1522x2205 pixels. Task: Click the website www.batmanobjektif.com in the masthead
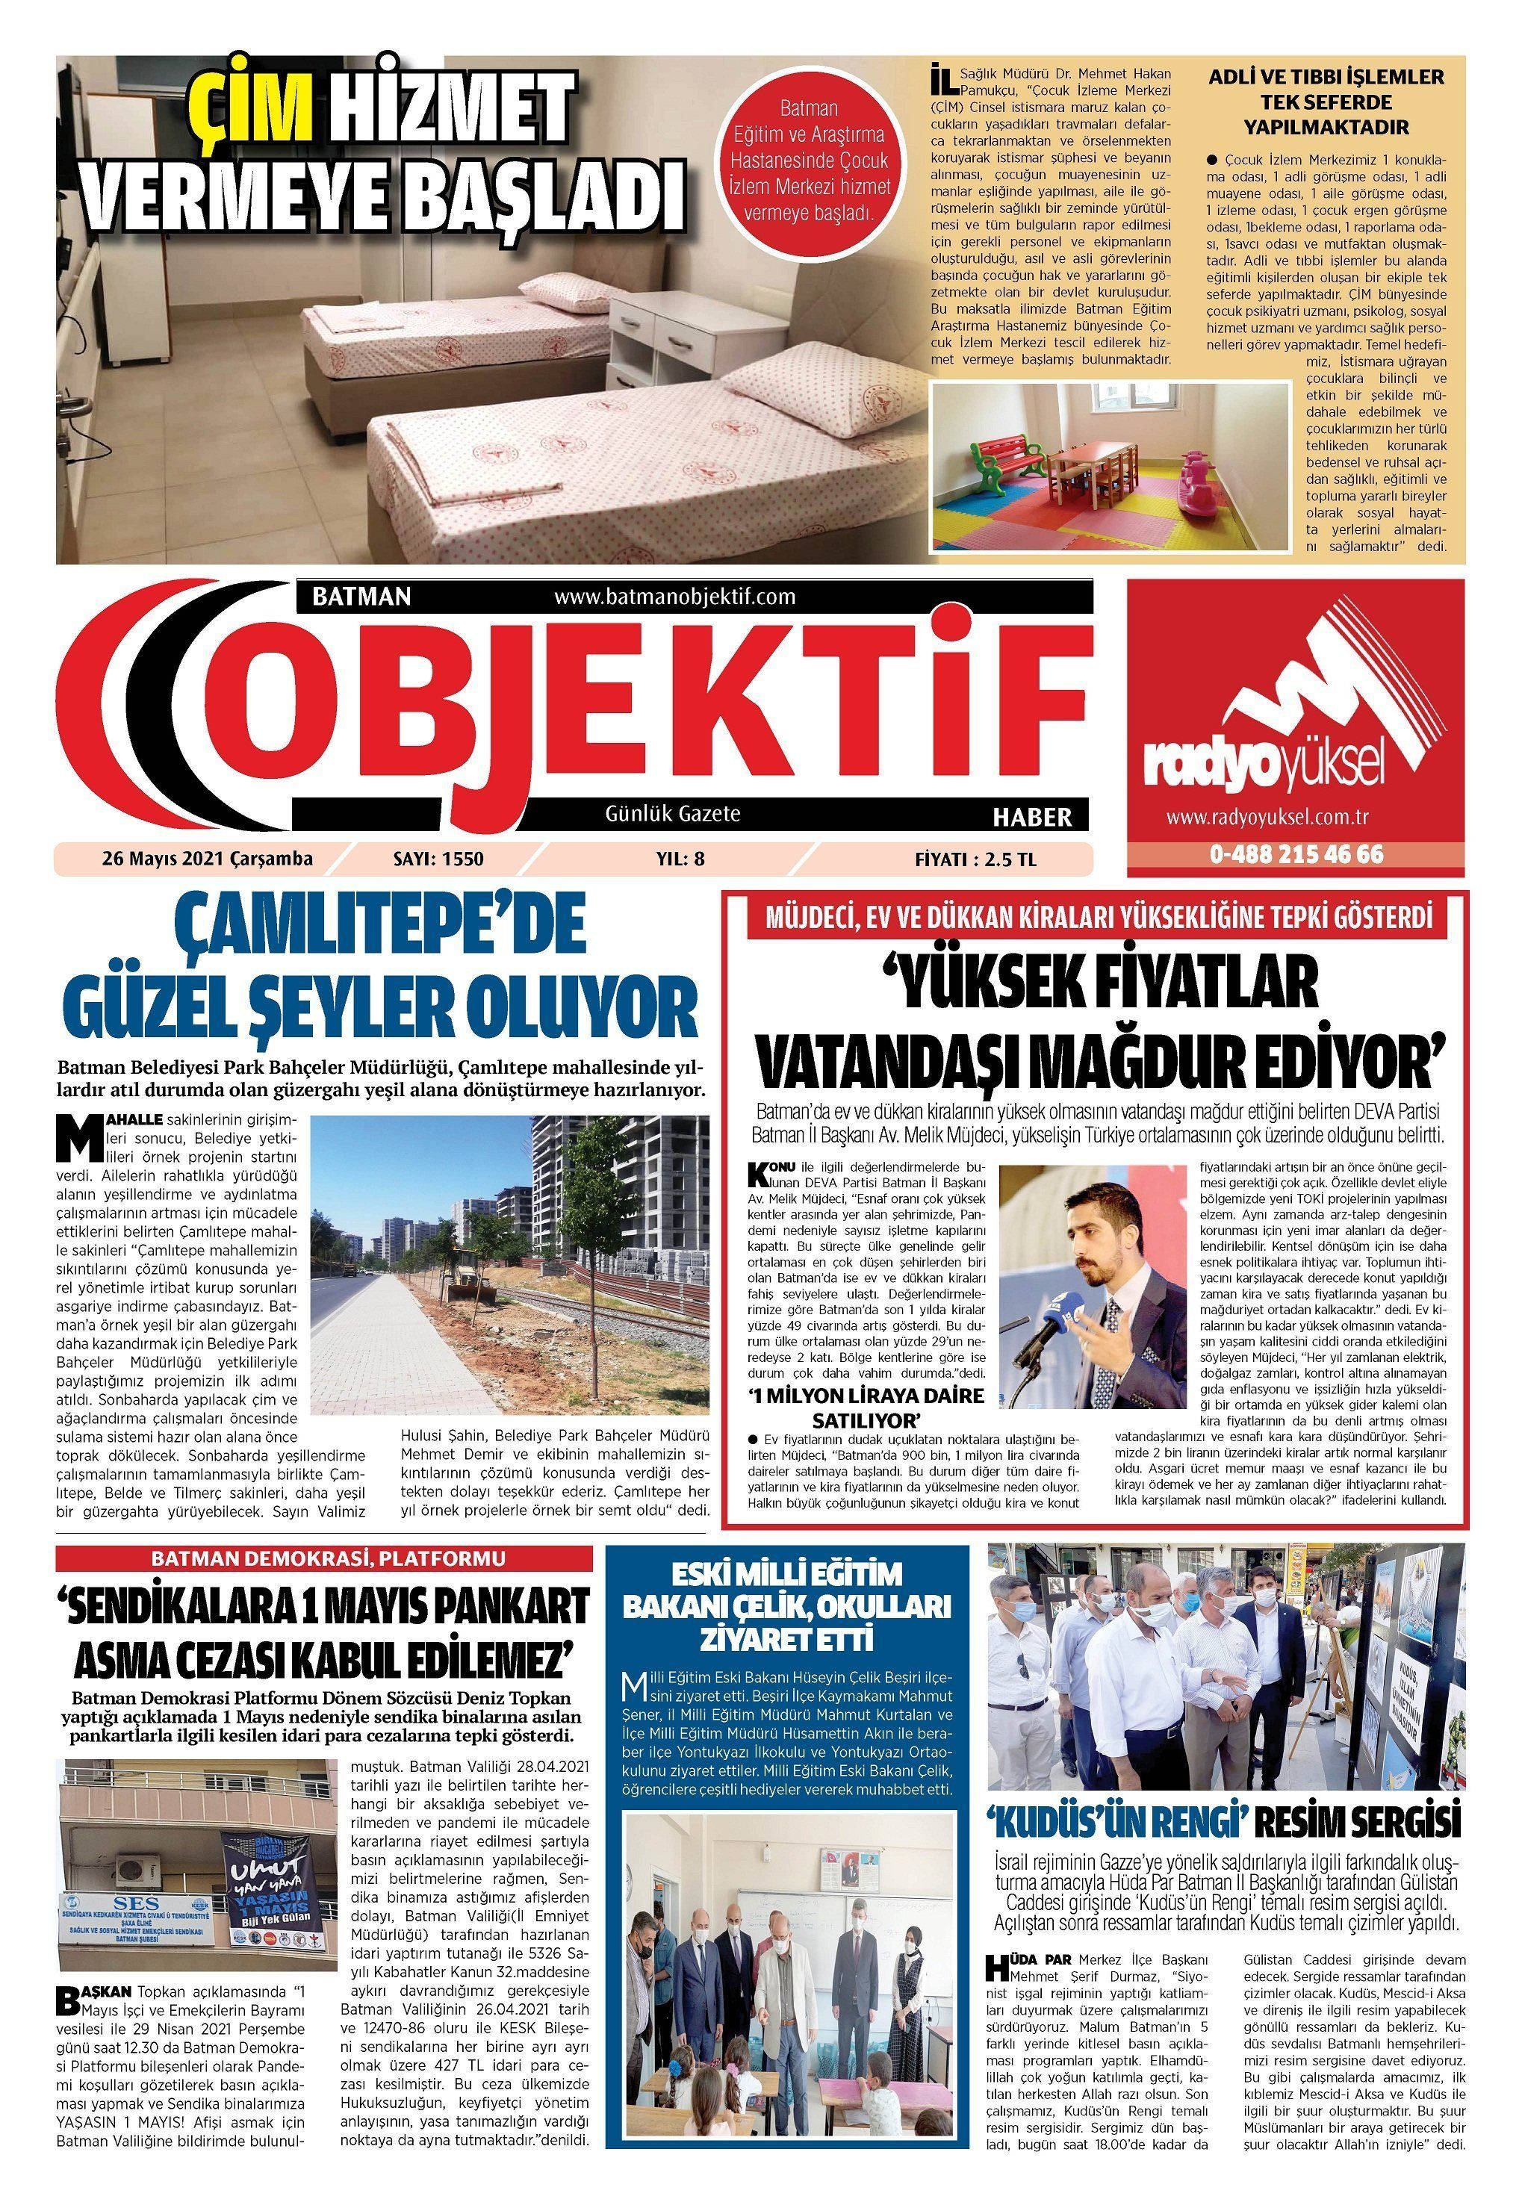point(674,597)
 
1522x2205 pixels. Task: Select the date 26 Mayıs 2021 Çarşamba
point(207,858)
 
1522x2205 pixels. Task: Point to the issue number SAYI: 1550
point(438,858)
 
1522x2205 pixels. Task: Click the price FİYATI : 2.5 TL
point(975,858)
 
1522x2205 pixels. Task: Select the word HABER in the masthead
point(1032,817)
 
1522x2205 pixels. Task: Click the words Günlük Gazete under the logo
point(672,814)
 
